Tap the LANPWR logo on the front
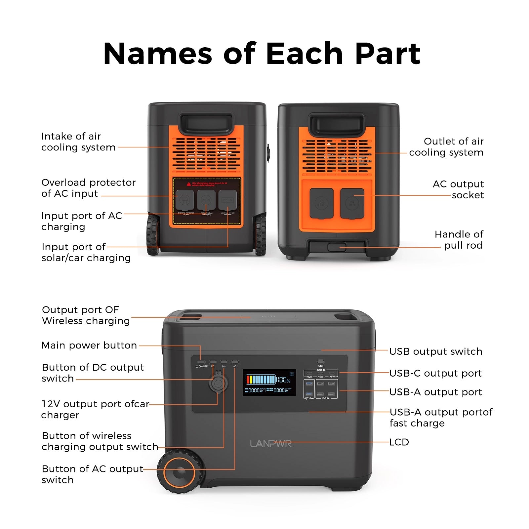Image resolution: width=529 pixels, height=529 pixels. [x=271, y=444]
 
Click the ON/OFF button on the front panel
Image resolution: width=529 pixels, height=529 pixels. [x=202, y=362]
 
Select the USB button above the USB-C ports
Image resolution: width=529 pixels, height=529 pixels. [x=320, y=362]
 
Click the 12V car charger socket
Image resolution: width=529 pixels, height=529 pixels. [x=218, y=384]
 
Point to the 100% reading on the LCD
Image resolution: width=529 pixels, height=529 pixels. [x=284, y=380]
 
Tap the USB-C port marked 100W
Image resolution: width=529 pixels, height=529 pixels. [x=309, y=373]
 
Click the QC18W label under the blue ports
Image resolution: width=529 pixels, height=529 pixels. [x=309, y=398]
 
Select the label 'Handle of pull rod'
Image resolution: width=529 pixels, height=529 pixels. [x=459, y=240]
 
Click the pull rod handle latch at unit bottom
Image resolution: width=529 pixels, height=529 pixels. [x=337, y=247]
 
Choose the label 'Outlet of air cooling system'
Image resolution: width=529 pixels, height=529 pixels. [x=446, y=147]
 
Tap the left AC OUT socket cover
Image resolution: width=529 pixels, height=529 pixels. [x=321, y=203]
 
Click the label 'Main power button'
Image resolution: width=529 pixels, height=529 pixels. [x=89, y=346]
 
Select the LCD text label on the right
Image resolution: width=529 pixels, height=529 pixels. [x=399, y=442]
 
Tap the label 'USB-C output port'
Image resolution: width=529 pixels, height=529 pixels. [x=435, y=373]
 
